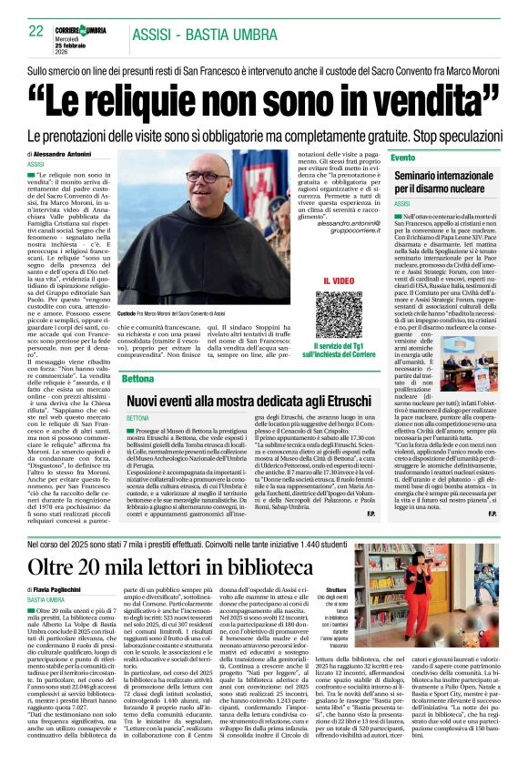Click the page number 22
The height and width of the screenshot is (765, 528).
pos(36,30)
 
